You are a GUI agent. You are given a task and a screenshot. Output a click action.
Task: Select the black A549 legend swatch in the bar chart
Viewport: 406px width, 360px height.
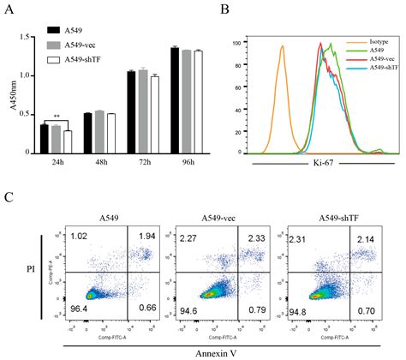(55, 28)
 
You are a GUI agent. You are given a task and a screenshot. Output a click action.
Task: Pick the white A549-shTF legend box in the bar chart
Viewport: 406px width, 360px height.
(55, 58)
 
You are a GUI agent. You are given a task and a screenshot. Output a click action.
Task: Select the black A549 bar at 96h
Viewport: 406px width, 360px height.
(176, 99)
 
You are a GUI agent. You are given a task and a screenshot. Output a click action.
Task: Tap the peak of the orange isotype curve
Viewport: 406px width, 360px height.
(282, 47)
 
